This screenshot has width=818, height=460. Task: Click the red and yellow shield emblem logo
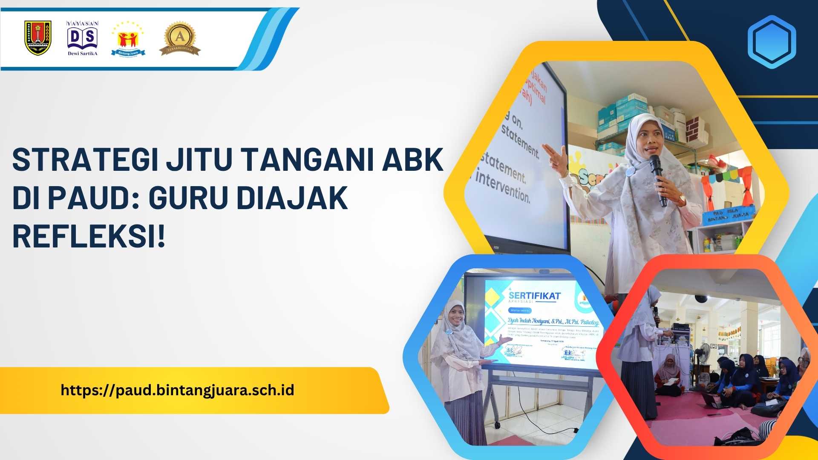(x=38, y=38)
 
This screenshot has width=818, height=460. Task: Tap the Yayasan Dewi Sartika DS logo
(x=82, y=38)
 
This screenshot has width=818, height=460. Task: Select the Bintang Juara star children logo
(x=128, y=39)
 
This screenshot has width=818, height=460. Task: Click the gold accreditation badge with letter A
(x=180, y=39)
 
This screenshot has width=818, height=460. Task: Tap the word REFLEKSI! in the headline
(x=88, y=236)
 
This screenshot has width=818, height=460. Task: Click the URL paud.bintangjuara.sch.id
(x=177, y=390)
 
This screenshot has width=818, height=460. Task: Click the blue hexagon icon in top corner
(x=771, y=42)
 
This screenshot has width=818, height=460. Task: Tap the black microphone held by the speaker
(x=658, y=179)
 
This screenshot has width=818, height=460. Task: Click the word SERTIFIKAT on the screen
(x=535, y=296)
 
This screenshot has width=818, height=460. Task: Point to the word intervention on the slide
(x=503, y=187)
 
